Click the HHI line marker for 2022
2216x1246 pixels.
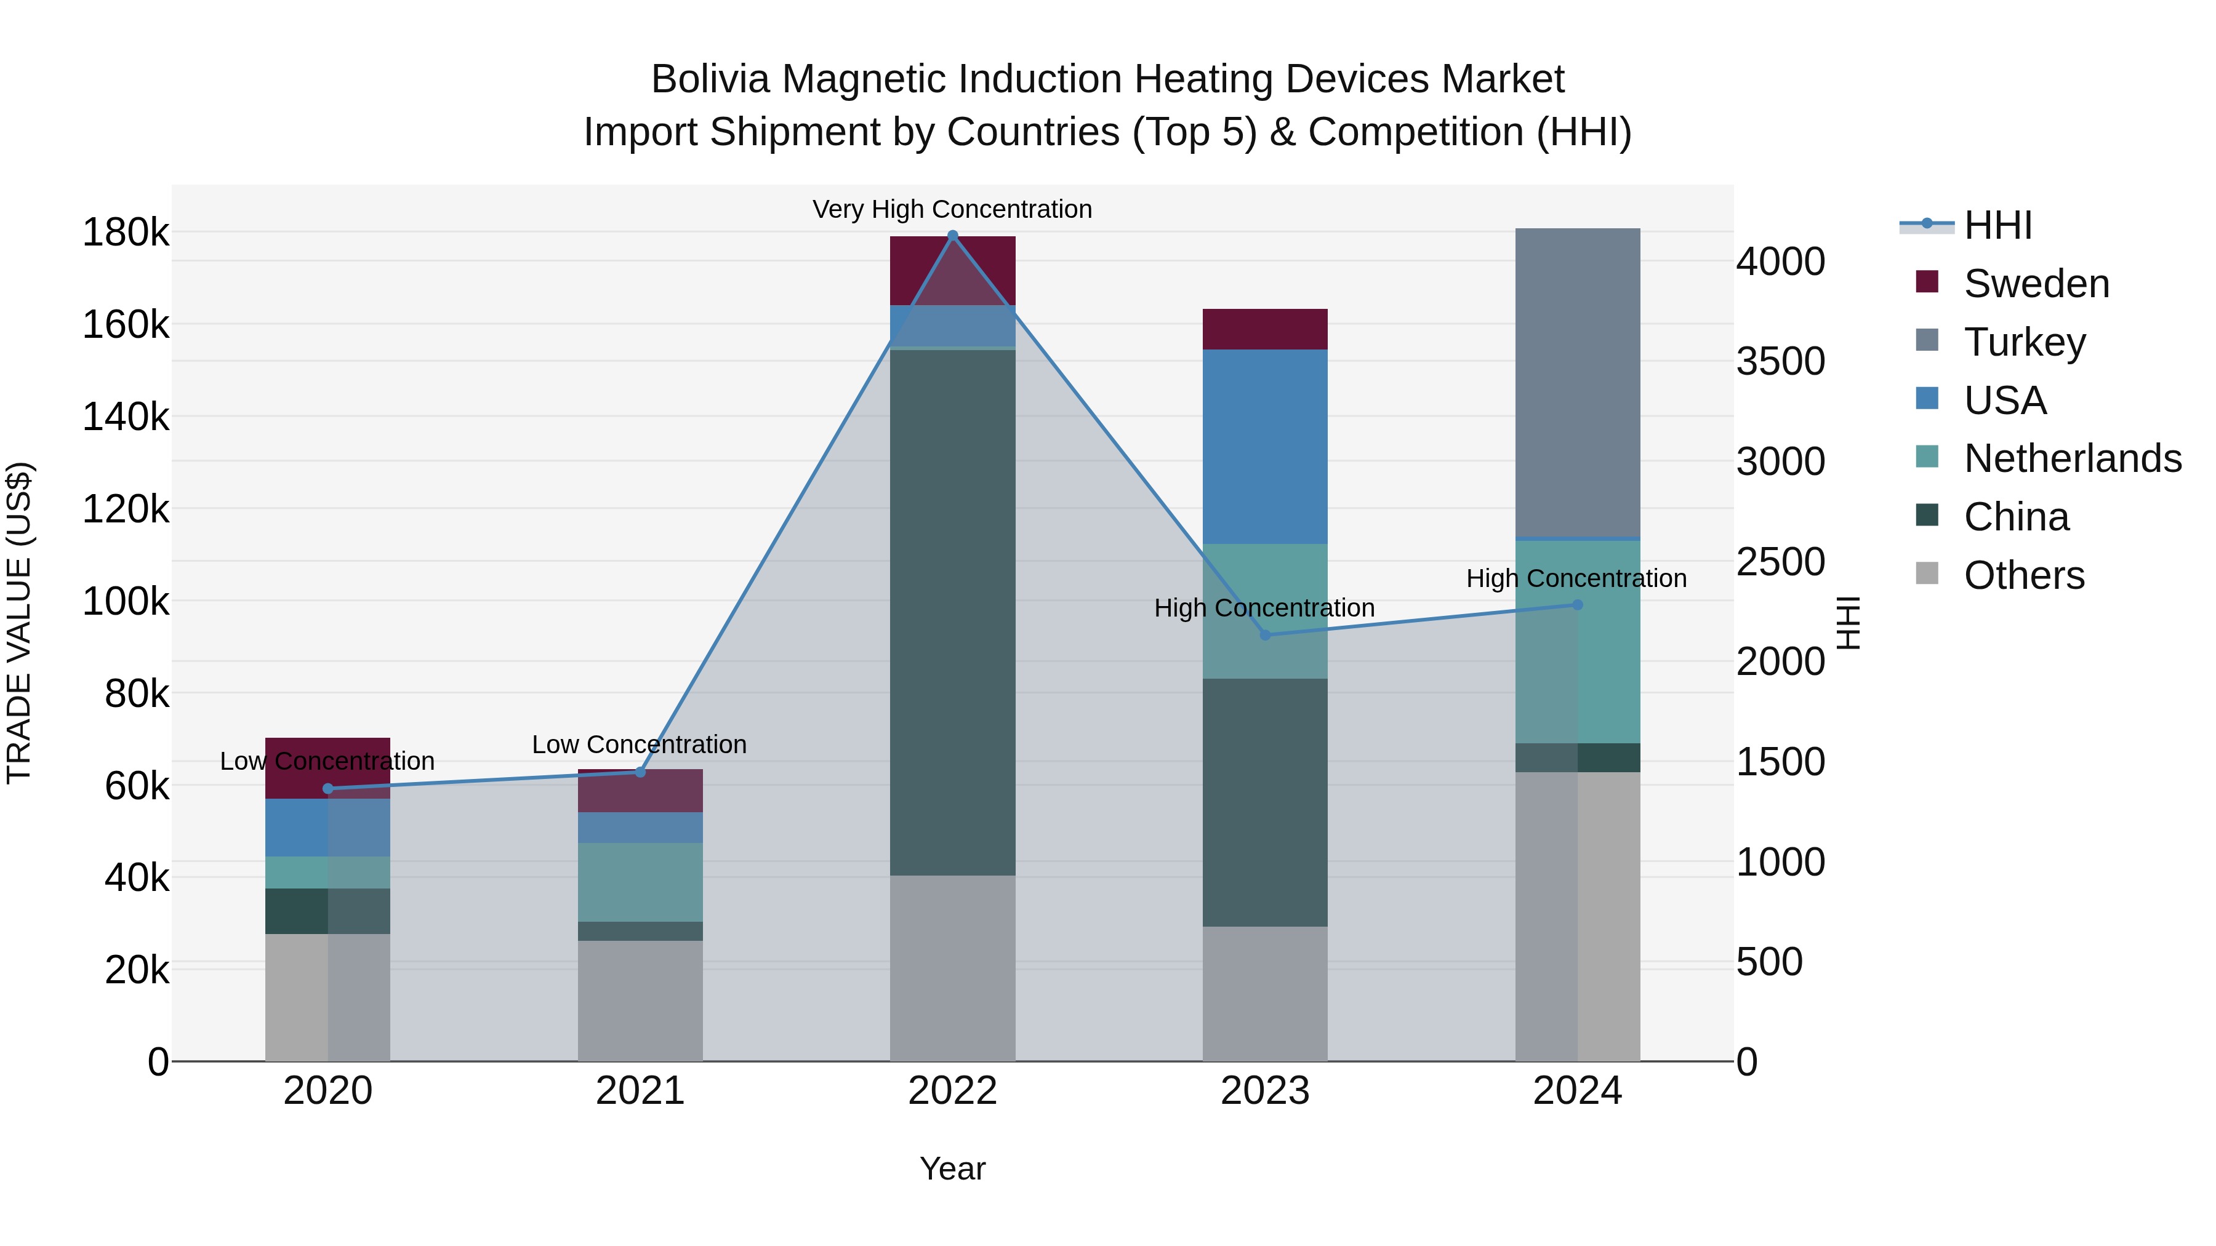click(x=952, y=236)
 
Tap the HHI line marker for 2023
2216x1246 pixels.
click(x=1264, y=634)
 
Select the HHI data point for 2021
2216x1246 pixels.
click(x=640, y=772)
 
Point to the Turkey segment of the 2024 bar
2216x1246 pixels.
click(x=1577, y=383)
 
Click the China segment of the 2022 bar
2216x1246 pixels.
click(x=952, y=612)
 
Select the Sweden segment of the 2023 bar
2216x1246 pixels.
click(x=1264, y=329)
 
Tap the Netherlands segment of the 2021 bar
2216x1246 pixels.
click(x=640, y=882)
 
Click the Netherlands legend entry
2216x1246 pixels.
click(x=2073, y=458)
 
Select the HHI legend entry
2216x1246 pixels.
click(x=1997, y=225)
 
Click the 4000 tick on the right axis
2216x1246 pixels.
click(x=1780, y=262)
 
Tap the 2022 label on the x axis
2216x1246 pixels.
click(x=952, y=1091)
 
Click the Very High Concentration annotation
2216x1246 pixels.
click(x=952, y=209)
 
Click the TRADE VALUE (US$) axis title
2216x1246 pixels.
click(x=19, y=623)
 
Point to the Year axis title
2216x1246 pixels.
click(x=952, y=1168)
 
